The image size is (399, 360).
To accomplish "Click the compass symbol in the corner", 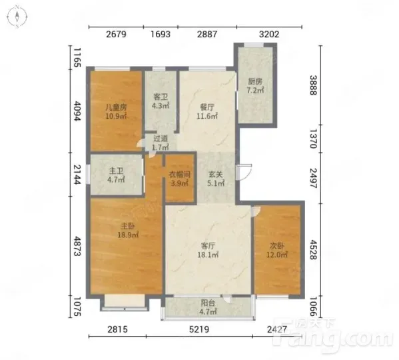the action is (x=17, y=17).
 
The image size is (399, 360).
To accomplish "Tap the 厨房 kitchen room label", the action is (x=255, y=82).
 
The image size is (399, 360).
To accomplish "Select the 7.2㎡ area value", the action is (x=255, y=90).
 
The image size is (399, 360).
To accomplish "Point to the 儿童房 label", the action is (x=116, y=107).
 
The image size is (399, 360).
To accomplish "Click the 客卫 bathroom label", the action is (x=161, y=97).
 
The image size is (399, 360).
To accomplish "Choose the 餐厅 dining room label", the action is (x=207, y=107).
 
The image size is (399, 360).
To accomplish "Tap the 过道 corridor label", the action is (x=161, y=139).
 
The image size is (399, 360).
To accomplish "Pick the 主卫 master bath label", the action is (x=116, y=171).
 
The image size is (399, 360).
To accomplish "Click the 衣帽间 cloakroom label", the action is (x=180, y=175).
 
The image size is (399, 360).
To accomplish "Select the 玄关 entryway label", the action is (x=216, y=175).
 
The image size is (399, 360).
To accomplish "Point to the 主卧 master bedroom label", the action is (x=128, y=226).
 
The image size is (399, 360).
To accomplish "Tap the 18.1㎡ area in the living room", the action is (x=208, y=255).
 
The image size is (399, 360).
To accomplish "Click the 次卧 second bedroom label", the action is (x=277, y=246).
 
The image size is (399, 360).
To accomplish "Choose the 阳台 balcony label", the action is (x=208, y=303).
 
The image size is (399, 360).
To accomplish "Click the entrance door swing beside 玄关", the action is (x=244, y=172).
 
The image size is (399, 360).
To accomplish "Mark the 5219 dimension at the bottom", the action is (x=199, y=329).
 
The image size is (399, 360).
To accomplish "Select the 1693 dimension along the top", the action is (x=161, y=34).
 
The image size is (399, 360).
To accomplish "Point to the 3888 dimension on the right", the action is (x=313, y=85).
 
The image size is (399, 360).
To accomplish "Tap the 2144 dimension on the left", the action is (x=77, y=175).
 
